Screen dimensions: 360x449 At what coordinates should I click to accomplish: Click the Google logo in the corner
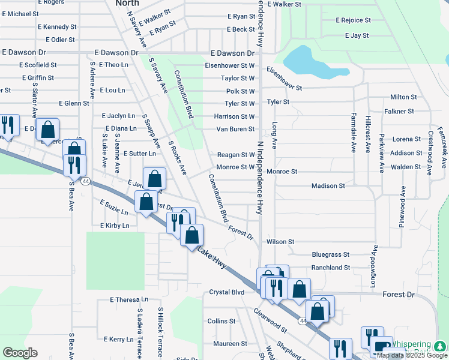coord(20,352)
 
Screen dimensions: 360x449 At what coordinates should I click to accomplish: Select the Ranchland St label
coord(330,268)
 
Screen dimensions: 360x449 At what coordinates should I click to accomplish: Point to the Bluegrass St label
coord(330,255)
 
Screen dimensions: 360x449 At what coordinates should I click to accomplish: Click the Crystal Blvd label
coord(226,292)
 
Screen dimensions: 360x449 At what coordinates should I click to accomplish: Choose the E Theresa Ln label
coord(128,300)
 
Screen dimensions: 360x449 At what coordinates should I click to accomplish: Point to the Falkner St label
coord(399,112)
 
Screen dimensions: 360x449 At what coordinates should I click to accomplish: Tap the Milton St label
coord(403,97)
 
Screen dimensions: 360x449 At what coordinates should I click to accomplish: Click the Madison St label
coord(328,186)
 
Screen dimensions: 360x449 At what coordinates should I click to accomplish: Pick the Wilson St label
coord(280,242)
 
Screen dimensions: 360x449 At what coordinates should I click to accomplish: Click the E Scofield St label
coord(37,65)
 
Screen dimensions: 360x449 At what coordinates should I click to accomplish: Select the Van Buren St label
coord(235,129)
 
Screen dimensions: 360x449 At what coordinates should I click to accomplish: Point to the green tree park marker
coord(439,346)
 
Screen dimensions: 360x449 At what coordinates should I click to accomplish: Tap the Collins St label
coord(221,322)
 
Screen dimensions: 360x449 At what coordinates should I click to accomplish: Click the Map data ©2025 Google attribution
coord(412,355)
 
